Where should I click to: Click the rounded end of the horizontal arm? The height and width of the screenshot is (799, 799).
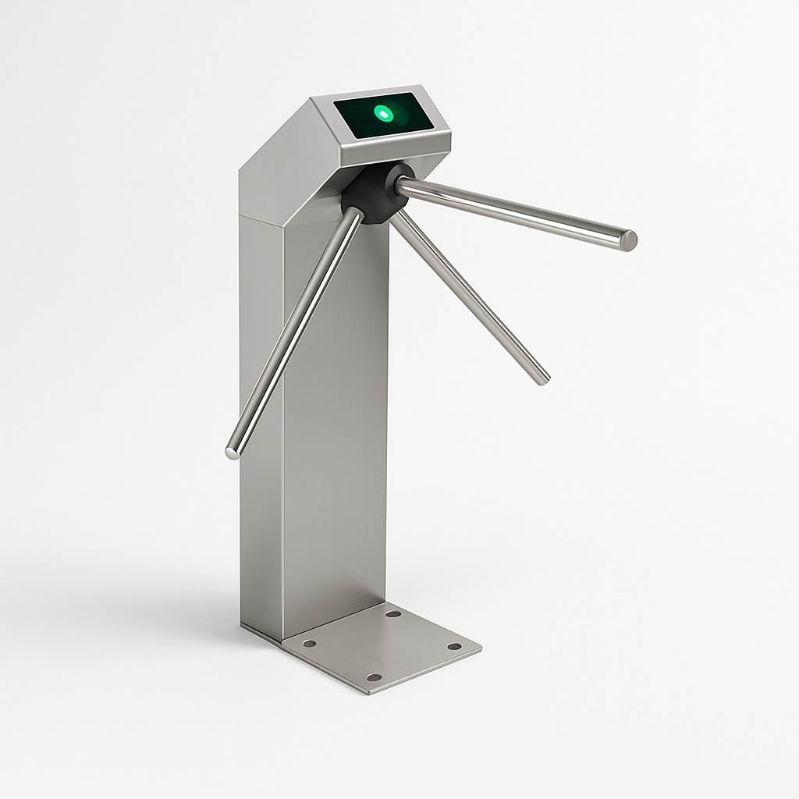coord(628,240)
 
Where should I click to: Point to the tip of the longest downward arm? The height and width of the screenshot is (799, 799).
coord(232,452)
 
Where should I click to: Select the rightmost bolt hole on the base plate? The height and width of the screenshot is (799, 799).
coord(453,646)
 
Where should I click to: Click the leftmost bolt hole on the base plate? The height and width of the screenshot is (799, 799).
coord(309,644)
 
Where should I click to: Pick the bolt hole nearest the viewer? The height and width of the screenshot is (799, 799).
coord(374,676)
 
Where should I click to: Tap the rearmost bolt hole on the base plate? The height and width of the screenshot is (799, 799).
coord(392,614)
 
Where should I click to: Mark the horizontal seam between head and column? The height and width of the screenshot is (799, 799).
coord(261,216)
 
